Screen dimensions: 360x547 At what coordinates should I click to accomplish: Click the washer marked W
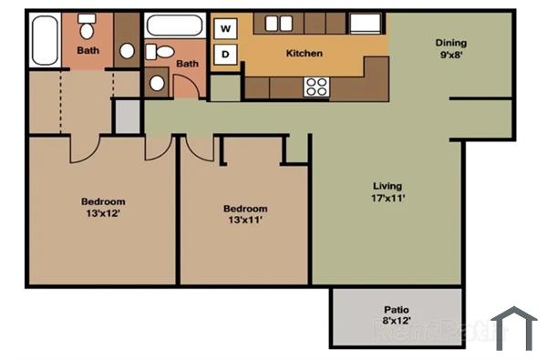tap(224, 29)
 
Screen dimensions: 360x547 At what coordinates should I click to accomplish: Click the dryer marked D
tap(224, 55)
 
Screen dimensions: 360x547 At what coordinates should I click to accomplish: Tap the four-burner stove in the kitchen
tap(316, 87)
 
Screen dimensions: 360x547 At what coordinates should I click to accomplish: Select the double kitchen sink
tap(280, 24)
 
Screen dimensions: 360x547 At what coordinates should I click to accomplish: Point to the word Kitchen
tap(304, 53)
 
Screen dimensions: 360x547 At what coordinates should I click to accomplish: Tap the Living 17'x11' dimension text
tap(387, 190)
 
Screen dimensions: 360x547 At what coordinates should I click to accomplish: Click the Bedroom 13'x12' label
tap(103, 207)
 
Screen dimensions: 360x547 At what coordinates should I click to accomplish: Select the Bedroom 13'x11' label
tap(245, 213)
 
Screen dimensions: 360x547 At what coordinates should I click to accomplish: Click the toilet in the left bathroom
tap(86, 25)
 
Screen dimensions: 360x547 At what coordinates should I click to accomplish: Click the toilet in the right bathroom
tap(163, 54)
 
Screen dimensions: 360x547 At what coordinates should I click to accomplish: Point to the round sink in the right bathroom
tap(157, 83)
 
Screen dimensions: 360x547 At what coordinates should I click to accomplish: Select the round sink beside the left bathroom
tap(127, 50)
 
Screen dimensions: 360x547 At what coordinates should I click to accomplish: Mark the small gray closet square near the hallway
tap(128, 116)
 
